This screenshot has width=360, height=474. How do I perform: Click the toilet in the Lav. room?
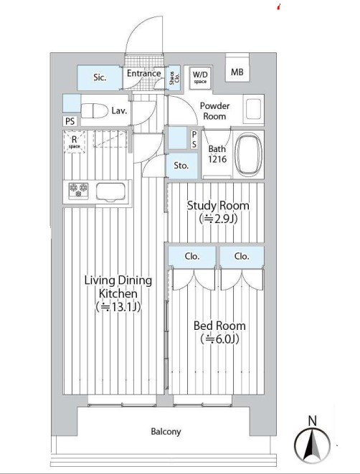(95, 111)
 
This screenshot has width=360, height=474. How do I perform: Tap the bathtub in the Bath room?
(248, 156)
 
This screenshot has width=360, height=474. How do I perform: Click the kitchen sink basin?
(110, 191)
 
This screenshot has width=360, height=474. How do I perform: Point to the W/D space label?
(200, 77)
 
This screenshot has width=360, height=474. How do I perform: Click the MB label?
(237, 72)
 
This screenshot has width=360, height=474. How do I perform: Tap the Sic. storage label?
(100, 77)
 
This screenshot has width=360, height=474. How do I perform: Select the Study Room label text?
(218, 206)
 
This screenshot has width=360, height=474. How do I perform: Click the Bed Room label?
(219, 326)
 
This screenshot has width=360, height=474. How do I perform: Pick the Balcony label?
(166, 432)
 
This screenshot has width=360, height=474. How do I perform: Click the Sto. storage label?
(181, 166)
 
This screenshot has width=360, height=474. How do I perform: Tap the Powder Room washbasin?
(254, 109)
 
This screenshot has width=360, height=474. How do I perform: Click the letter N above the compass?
(313, 421)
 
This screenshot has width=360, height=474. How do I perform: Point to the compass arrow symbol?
(312, 445)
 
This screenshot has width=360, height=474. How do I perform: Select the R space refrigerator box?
(74, 142)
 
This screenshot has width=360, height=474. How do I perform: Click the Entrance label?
(143, 73)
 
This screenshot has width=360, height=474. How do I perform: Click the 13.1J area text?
(118, 307)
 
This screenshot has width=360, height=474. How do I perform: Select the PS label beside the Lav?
(70, 121)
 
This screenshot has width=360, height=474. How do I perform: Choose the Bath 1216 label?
(217, 154)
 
